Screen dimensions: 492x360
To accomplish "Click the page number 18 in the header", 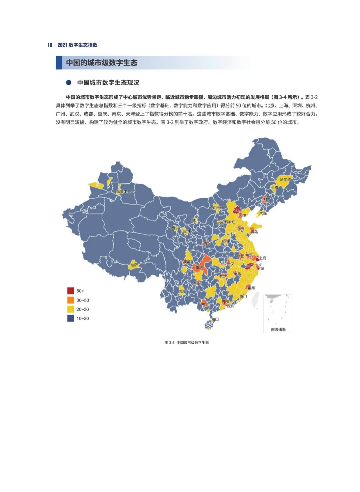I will pos(50,45).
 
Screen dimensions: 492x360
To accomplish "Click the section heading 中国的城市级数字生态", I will pos(101,63).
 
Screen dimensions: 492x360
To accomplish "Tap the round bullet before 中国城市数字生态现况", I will pos(69,82).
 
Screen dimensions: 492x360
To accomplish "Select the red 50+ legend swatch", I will pos(70,291).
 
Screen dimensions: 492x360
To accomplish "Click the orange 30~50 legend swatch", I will pos(70,300).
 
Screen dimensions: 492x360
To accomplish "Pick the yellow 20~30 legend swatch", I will pos(70,309).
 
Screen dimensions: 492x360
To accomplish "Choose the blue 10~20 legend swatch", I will pos(70,318).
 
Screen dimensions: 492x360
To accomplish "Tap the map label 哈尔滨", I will pos(285,180).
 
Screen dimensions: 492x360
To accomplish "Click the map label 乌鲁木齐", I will pos(123,191).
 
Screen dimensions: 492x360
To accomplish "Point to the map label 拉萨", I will pos(134,265).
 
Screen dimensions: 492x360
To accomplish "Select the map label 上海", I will pos(263,258).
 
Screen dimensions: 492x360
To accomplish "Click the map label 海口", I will pos(215,319).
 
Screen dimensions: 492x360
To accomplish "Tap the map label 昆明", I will pos(183,291).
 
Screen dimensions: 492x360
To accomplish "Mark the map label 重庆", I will pos(199,267).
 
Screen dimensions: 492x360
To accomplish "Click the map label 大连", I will pos(263,213).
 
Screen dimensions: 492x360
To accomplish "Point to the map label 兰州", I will pos(186,231).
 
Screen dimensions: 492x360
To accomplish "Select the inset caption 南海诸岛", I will pos(278,330).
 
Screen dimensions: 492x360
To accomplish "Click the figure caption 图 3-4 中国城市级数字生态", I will pos(187,343).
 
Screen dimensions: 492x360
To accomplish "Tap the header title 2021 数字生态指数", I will pos(77,45).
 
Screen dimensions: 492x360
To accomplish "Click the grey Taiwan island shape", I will pos(256,301).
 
